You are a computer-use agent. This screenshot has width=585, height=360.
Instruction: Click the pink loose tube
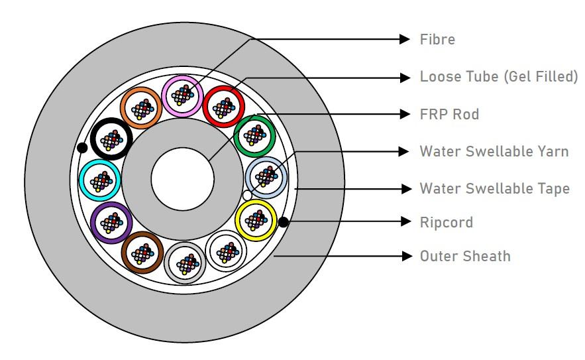point(182,95)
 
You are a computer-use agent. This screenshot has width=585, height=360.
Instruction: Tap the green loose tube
point(255,135)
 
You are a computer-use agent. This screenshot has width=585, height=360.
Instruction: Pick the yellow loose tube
point(256,219)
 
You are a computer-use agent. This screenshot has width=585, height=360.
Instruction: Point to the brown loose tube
point(141,251)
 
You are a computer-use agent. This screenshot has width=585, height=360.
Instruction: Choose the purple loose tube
point(111,219)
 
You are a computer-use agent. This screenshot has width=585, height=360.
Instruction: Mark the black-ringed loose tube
point(111,138)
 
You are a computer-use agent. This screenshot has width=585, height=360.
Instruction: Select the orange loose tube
point(140,106)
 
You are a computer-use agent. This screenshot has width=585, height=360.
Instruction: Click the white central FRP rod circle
point(182,179)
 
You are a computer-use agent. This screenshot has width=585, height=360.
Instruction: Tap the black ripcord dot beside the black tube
point(81,147)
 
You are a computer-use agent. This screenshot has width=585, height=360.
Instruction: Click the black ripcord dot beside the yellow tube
point(284,222)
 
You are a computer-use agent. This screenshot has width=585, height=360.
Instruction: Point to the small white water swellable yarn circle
point(247,195)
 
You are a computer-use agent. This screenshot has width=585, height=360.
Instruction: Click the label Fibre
point(437,39)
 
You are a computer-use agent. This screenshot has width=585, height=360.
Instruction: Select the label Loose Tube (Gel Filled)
point(499,77)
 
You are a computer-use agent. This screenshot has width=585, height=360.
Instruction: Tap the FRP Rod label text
point(449,115)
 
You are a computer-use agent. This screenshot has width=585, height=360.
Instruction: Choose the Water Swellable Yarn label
point(494,151)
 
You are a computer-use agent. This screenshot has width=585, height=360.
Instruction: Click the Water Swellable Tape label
point(494,189)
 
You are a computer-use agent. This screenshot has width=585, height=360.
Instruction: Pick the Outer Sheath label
point(465,256)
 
